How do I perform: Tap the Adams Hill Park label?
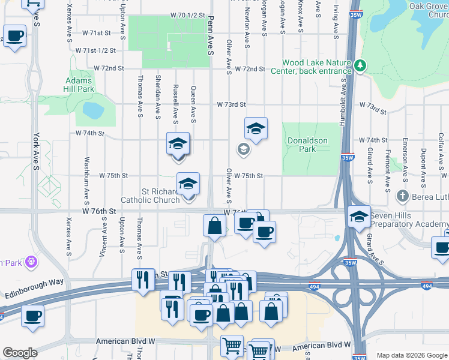click(x=78, y=85)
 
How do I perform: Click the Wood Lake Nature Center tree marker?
click(x=360, y=65)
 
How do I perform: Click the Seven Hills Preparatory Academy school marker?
click(x=359, y=217)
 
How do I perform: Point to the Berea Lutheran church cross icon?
click(x=403, y=196)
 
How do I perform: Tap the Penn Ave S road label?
click(x=211, y=36)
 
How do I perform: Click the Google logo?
click(x=19, y=353)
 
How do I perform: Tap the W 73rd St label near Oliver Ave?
click(x=232, y=104)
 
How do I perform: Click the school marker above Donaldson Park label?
click(x=256, y=128)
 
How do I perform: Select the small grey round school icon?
click(x=244, y=149)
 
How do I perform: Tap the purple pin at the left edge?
click(x=32, y=262)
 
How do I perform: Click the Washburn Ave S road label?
click(x=87, y=173)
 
